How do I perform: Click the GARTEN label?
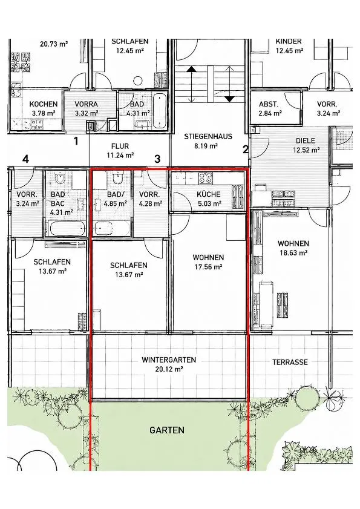167,430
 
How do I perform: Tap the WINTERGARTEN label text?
169,360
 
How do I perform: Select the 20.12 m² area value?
169,369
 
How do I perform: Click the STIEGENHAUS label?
208,136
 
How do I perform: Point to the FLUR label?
120,146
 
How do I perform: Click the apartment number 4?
25,159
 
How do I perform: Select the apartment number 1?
76,141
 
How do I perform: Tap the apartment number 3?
157,159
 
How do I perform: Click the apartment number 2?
246,149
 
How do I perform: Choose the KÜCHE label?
208,194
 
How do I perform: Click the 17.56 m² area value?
208,267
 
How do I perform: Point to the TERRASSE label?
290,363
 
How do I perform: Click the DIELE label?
306,141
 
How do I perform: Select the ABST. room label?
269,104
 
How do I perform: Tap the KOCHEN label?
44,104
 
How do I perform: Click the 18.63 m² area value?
293,253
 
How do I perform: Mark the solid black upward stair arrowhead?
192,69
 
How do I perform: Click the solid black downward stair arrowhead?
229,99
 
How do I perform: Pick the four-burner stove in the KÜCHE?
206,177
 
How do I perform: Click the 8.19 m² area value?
206,146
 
